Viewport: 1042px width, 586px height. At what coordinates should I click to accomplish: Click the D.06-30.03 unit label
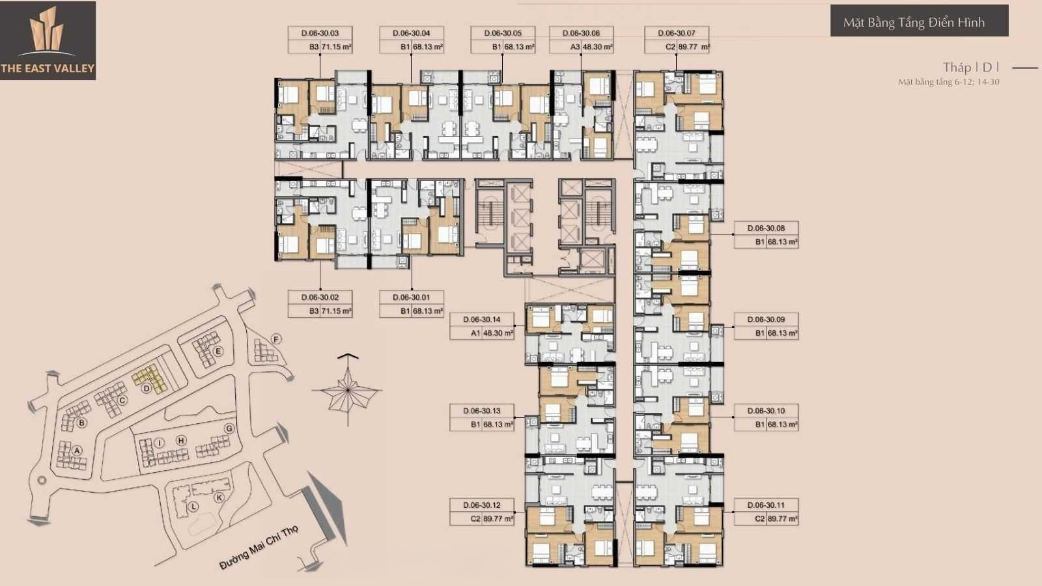(x=320, y=33)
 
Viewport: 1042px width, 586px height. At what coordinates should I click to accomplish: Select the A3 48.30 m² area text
(x=591, y=47)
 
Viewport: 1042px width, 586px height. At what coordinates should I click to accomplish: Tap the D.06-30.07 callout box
(x=677, y=40)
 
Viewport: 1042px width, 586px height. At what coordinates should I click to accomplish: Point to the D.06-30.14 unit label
(x=481, y=320)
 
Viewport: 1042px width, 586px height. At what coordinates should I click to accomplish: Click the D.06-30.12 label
(x=481, y=505)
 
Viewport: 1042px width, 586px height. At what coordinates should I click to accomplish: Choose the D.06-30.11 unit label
(x=766, y=505)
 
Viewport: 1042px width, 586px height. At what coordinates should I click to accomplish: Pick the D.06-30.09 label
(x=766, y=320)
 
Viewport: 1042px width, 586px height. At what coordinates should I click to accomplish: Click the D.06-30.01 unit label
(x=411, y=297)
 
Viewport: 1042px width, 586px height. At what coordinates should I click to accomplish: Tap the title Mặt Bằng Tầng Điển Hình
(x=914, y=22)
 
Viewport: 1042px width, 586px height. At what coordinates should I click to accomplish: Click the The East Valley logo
(x=48, y=40)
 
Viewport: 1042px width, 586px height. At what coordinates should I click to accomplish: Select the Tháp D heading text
(x=971, y=68)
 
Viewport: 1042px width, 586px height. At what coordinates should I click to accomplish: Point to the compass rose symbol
(x=348, y=390)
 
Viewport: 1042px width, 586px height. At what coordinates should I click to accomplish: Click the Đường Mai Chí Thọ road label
(x=259, y=548)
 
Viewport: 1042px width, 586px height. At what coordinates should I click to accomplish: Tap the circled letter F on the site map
(x=276, y=339)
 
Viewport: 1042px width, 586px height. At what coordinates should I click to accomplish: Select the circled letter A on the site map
(x=77, y=450)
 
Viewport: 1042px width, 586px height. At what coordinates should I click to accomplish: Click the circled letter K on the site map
(x=219, y=497)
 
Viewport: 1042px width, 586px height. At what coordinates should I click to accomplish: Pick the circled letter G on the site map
(x=229, y=428)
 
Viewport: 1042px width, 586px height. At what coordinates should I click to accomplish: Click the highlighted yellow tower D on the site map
(x=150, y=378)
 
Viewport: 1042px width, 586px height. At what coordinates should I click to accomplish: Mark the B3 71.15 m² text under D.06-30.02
(x=330, y=311)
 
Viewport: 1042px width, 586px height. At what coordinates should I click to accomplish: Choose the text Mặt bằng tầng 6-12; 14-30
(x=949, y=82)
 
